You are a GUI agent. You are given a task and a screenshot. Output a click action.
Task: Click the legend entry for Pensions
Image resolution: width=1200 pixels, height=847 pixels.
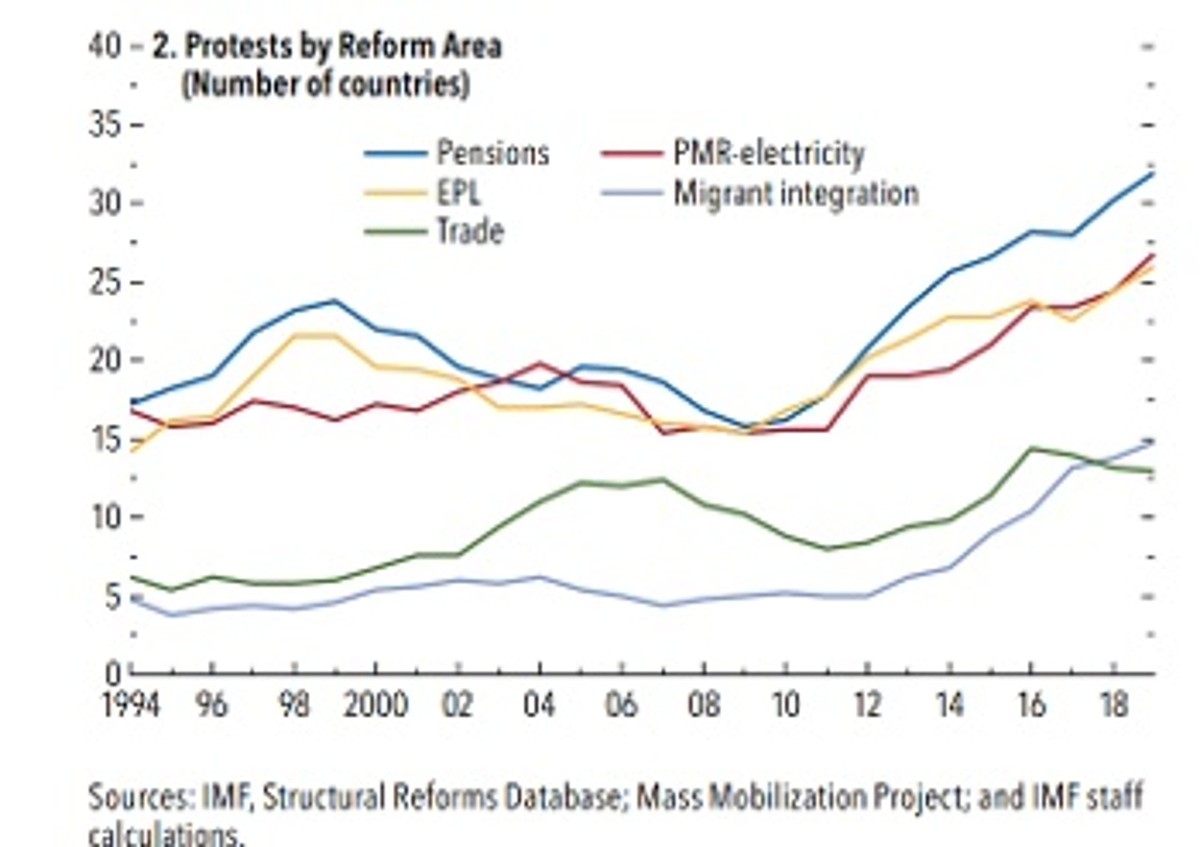[x=492, y=153]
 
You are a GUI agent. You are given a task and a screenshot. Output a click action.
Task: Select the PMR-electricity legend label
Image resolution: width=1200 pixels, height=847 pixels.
[x=768, y=153]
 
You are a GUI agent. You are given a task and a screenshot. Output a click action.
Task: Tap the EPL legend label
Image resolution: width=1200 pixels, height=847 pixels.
[x=459, y=193]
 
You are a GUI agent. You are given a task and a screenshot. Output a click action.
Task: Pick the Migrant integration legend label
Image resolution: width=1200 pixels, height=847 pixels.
[x=796, y=193]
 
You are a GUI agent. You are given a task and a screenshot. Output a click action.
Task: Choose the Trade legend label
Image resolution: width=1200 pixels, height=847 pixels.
[x=470, y=232]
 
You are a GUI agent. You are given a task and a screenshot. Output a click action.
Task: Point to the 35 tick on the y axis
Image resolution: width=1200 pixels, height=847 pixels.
[x=105, y=126]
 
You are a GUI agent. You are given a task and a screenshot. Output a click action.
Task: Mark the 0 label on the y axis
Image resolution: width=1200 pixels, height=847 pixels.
[x=112, y=674]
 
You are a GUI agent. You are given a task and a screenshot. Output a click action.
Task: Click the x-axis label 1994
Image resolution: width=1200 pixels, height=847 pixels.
[x=131, y=706]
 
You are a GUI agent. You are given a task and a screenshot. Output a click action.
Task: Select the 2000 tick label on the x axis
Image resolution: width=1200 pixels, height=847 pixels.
[x=376, y=706]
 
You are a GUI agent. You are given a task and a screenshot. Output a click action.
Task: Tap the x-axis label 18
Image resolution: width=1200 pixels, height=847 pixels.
[x=1113, y=706]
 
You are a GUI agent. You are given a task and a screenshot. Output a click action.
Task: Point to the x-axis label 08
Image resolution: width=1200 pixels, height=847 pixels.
[x=704, y=706]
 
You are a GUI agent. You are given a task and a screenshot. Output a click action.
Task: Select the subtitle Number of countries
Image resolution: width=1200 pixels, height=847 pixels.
[x=325, y=85]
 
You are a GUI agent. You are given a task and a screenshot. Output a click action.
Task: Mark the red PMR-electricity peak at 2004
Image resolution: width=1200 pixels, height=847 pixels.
[x=539, y=363]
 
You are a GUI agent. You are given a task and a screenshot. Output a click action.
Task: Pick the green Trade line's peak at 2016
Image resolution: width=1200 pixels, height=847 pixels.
[x=1031, y=448]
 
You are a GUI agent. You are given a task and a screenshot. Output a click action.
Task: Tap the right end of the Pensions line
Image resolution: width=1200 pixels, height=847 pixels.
[x=1152, y=173]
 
